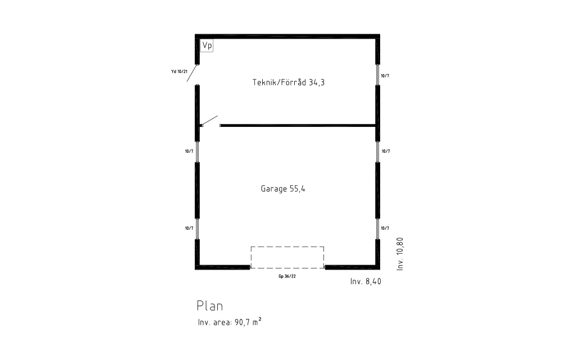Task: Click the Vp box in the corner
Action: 207,45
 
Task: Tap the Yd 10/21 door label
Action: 179,71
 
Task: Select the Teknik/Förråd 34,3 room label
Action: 289,82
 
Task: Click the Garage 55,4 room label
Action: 283,189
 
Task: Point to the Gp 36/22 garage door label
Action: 287,276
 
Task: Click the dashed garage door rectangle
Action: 287,247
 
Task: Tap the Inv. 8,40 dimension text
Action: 366,281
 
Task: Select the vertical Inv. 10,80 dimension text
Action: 400,254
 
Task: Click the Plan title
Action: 210,306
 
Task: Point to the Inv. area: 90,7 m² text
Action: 230,321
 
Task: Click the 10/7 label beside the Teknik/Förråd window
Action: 385,76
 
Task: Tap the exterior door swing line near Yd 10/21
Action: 193,74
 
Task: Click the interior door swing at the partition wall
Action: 209,121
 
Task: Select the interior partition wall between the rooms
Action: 298,125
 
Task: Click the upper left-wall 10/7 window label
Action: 189,151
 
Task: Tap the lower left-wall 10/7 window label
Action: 189,228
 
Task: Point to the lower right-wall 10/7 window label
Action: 385,228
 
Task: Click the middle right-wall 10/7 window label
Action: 386,151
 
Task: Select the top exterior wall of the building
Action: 287,37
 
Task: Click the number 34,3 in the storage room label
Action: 317,83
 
